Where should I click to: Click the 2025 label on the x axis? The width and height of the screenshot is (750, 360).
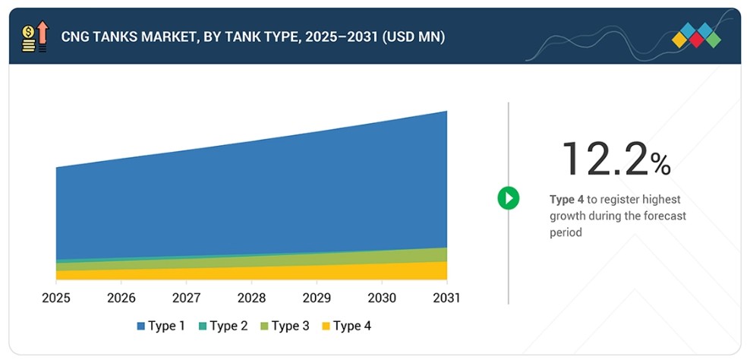pyautogui.click(x=56, y=298)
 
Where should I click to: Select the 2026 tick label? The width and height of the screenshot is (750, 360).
pyautogui.click(x=121, y=298)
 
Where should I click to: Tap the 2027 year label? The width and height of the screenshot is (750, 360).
pyautogui.click(x=187, y=298)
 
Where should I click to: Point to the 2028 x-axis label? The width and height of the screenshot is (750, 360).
pyautogui.click(x=251, y=298)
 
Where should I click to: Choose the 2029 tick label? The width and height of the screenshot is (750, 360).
pyautogui.click(x=317, y=298)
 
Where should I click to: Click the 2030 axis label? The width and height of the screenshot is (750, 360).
pyautogui.click(x=382, y=298)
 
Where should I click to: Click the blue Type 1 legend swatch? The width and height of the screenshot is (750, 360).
pyautogui.click(x=140, y=327)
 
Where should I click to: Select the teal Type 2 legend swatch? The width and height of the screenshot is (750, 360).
pyautogui.click(x=203, y=327)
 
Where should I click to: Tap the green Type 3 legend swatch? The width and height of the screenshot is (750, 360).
pyautogui.click(x=264, y=327)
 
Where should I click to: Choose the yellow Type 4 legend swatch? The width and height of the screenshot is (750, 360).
pyautogui.click(x=326, y=327)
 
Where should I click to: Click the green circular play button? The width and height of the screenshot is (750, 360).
pyautogui.click(x=508, y=197)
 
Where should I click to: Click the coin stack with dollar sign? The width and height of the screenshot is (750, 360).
pyautogui.click(x=28, y=39)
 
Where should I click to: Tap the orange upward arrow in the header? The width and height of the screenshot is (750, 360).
pyautogui.click(x=43, y=33)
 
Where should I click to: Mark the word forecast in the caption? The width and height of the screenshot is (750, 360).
pyautogui.click(x=664, y=216)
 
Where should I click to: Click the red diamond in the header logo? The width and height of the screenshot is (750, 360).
pyautogui.click(x=696, y=40)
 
